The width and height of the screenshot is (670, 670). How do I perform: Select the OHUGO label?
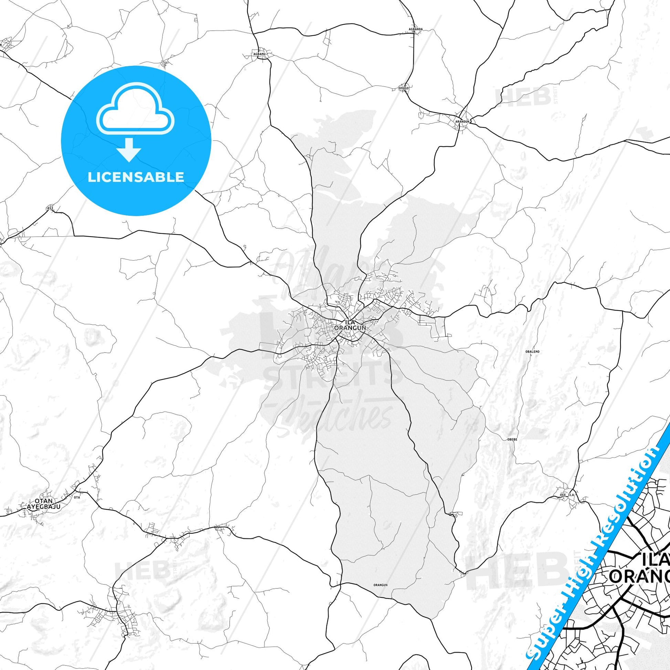404,88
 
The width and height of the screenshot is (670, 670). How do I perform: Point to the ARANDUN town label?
462,122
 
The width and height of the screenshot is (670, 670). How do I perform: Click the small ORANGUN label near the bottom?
380,575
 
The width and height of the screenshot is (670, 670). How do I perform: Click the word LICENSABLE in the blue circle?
136,177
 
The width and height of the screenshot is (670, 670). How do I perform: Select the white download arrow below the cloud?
129,150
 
